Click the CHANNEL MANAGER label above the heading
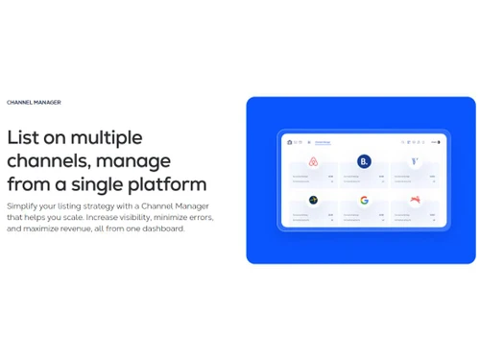click(x=34, y=102)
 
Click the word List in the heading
click(x=22, y=137)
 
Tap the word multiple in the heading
click(x=108, y=137)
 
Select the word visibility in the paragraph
click(x=136, y=217)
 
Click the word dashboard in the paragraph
click(x=163, y=228)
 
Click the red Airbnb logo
click(x=313, y=161)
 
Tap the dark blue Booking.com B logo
click(x=364, y=161)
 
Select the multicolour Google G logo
click(x=364, y=201)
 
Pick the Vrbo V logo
click(x=415, y=161)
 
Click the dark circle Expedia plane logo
click(x=313, y=201)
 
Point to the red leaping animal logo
click(x=415, y=201)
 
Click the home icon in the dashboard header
click(x=289, y=142)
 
